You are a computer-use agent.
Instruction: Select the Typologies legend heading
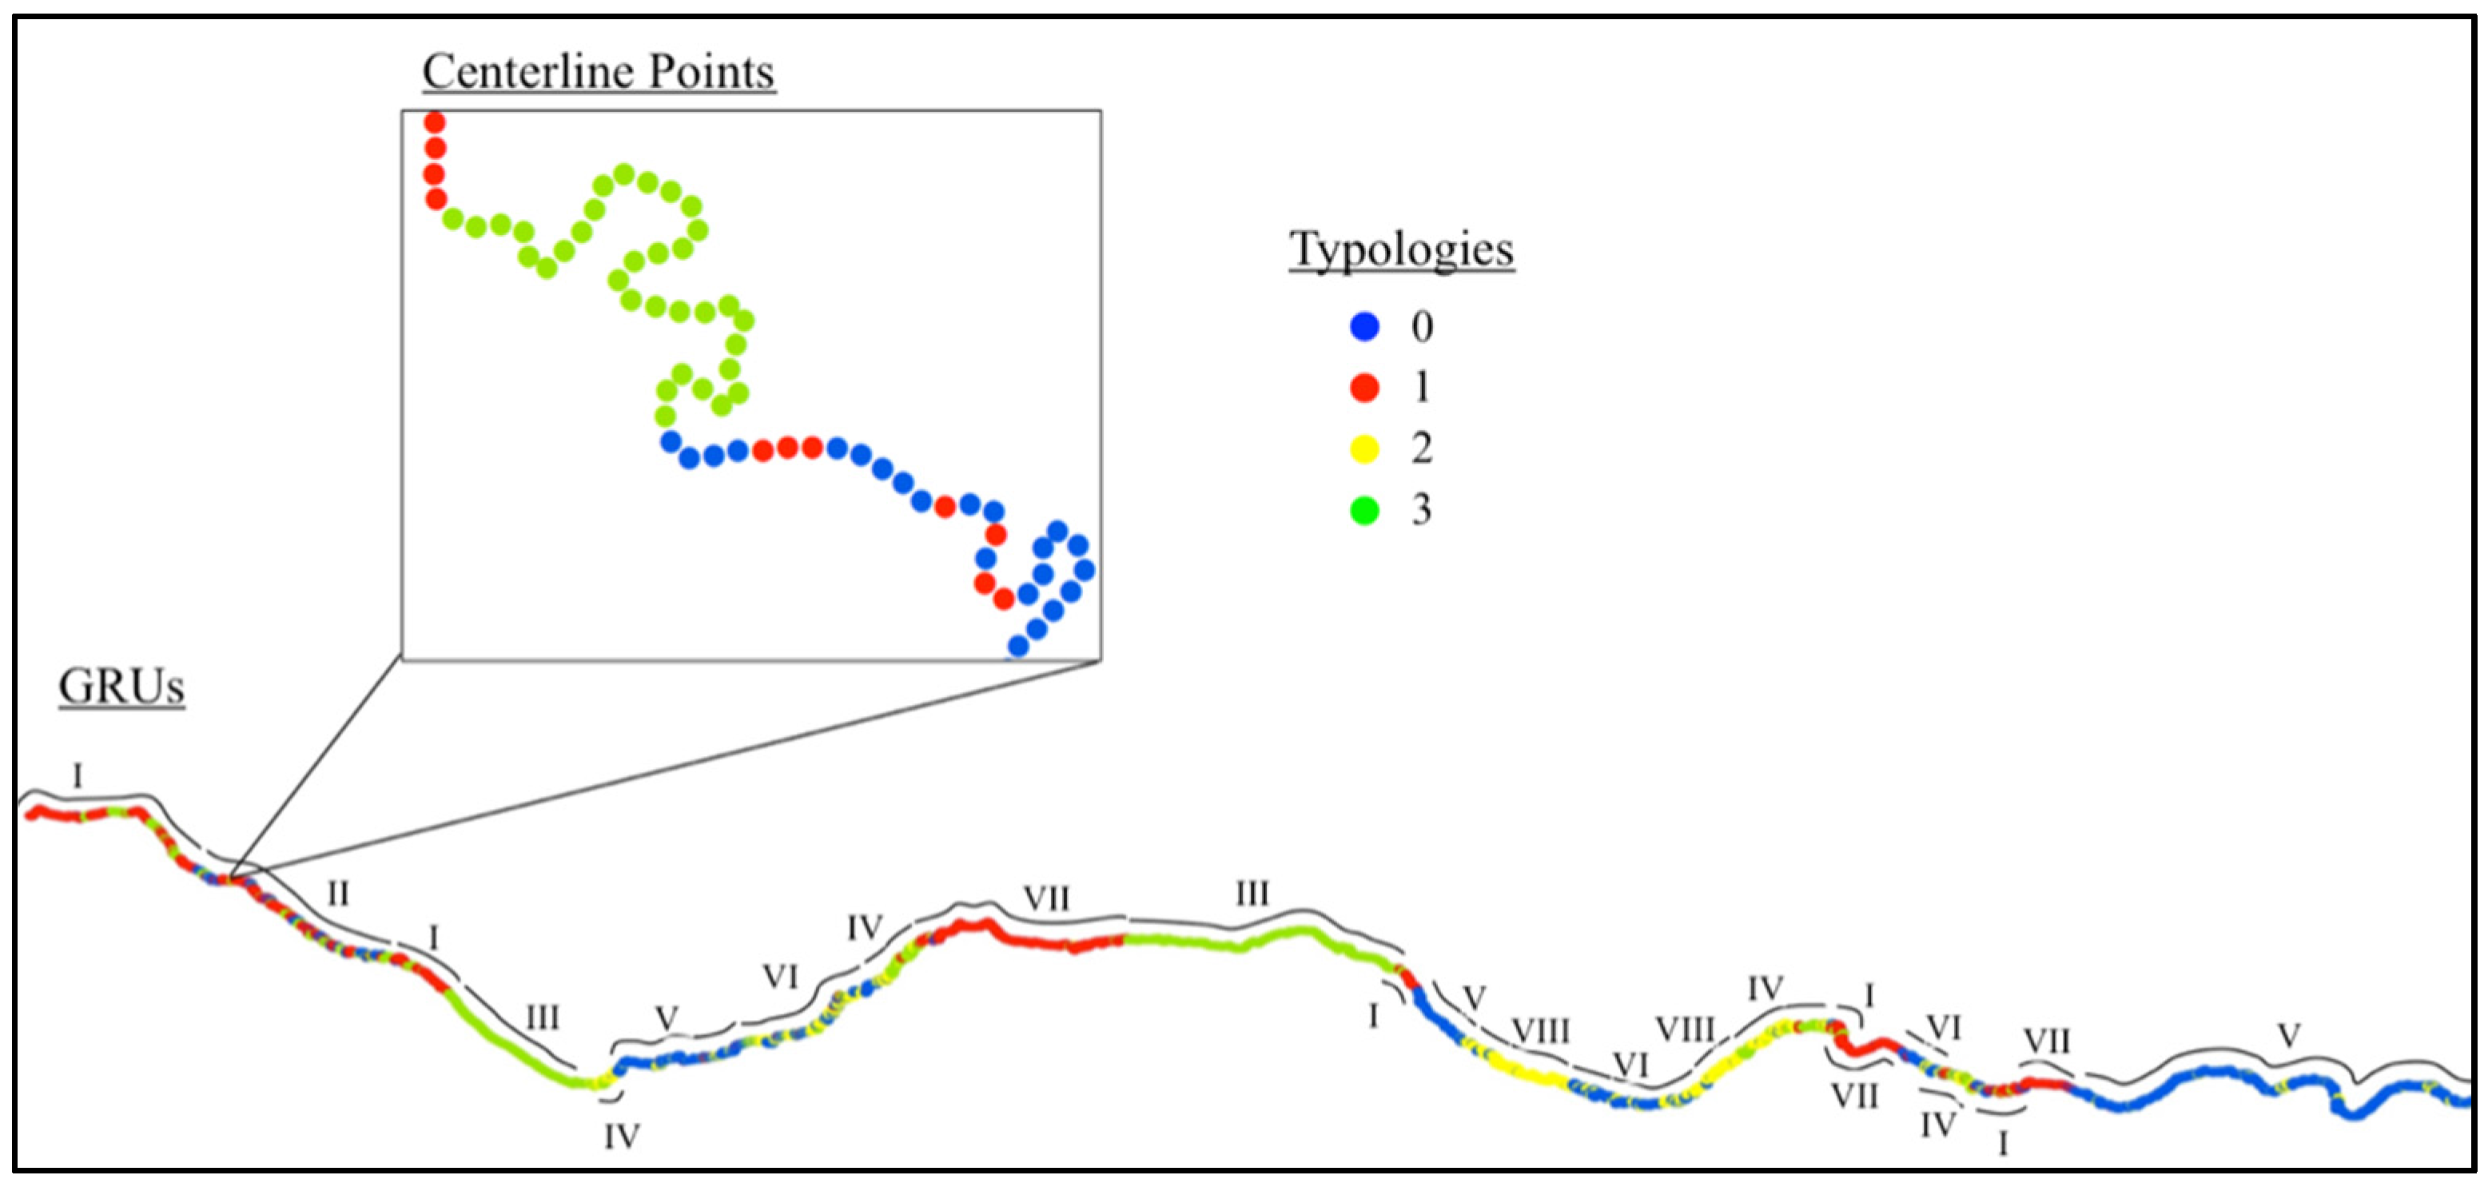[x=1401, y=249]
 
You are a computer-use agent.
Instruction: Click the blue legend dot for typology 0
[x=1364, y=326]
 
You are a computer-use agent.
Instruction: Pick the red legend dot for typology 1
[x=1364, y=387]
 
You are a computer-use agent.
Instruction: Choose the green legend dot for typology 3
[x=1364, y=509]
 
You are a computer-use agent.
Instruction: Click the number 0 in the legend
[x=1421, y=327]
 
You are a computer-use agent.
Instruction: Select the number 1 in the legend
[x=1421, y=387]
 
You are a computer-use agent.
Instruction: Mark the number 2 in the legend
[x=1421, y=448]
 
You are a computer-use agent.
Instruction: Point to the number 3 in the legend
[x=1421, y=509]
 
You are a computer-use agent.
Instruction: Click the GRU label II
[x=337, y=893]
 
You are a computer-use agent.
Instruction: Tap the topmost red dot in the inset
[x=436, y=123]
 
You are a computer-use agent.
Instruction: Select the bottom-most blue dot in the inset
[x=1017, y=645]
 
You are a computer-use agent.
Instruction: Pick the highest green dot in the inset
[x=624, y=175]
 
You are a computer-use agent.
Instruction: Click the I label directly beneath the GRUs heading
[x=78, y=775]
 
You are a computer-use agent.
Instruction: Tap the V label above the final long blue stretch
[x=2288, y=1036]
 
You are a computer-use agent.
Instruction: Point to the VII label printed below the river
[x=1854, y=1097]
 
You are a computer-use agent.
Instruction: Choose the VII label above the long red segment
[x=1047, y=899]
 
